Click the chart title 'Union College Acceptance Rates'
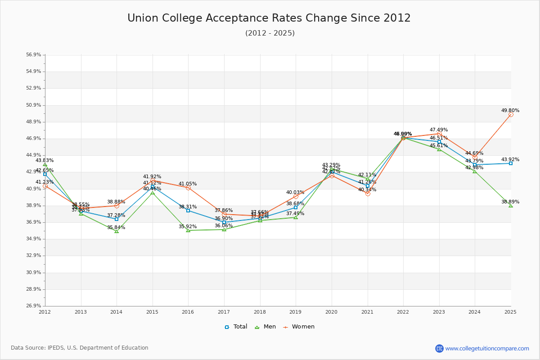click(x=269, y=18)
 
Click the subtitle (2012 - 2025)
click(x=270, y=33)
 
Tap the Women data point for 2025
click(x=511, y=115)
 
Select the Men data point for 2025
click(x=511, y=206)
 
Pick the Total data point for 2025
click(x=511, y=163)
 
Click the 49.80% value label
click(x=510, y=110)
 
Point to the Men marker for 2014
click(x=117, y=231)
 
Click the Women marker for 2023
click(x=439, y=134)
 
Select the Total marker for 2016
click(x=188, y=211)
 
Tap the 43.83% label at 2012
click(x=45, y=160)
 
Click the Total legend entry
click(x=236, y=327)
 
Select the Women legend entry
click(x=299, y=327)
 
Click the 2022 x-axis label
click(x=403, y=312)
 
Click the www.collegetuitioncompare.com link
click(x=487, y=348)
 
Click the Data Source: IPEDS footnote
click(x=80, y=348)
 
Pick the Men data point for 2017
click(x=224, y=229)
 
